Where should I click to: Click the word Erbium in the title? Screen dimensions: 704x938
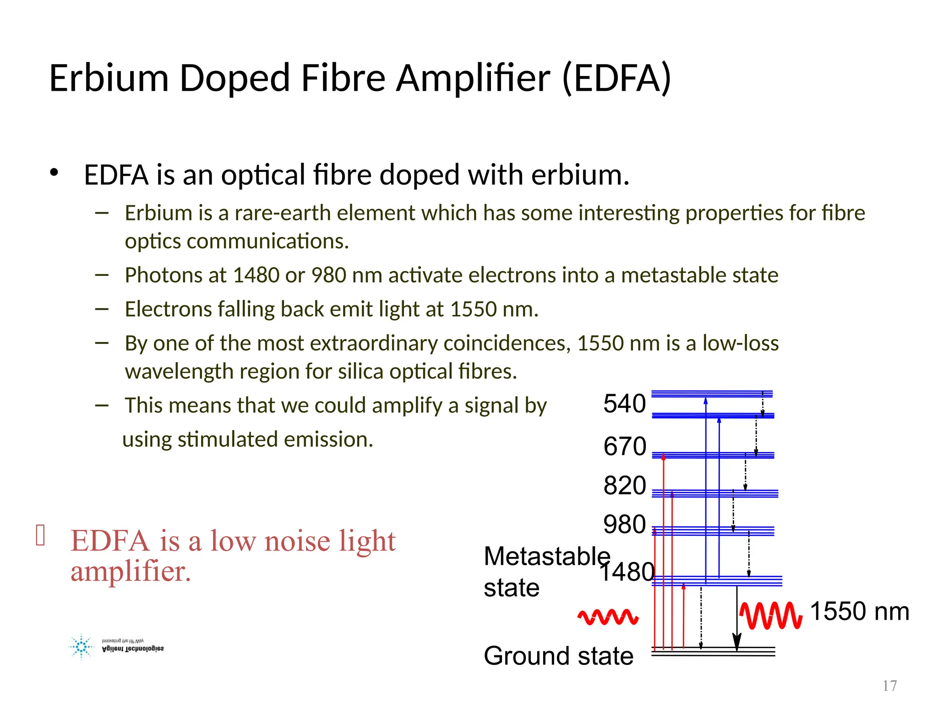pyautogui.click(x=109, y=78)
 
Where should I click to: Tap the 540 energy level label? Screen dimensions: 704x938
pyautogui.click(x=624, y=404)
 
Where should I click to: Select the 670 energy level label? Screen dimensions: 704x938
pyautogui.click(x=624, y=446)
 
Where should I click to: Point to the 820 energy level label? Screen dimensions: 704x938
pyautogui.click(x=624, y=486)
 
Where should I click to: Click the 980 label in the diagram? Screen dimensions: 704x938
pyautogui.click(x=624, y=525)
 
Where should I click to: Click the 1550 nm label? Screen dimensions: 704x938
pyautogui.click(x=859, y=611)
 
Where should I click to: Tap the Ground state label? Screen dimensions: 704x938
pyautogui.click(x=558, y=656)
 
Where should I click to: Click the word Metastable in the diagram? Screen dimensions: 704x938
pyautogui.click(x=547, y=556)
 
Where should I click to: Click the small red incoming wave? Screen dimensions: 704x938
pyautogui.click(x=608, y=617)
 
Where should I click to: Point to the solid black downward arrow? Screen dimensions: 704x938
pyautogui.click(x=736, y=619)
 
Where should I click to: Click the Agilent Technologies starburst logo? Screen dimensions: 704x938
pyautogui.click(x=82, y=647)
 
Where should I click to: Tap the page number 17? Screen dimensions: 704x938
pyautogui.click(x=889, y=686)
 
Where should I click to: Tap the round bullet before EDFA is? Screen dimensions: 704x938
pyautogui.click(x=54, y=173)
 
